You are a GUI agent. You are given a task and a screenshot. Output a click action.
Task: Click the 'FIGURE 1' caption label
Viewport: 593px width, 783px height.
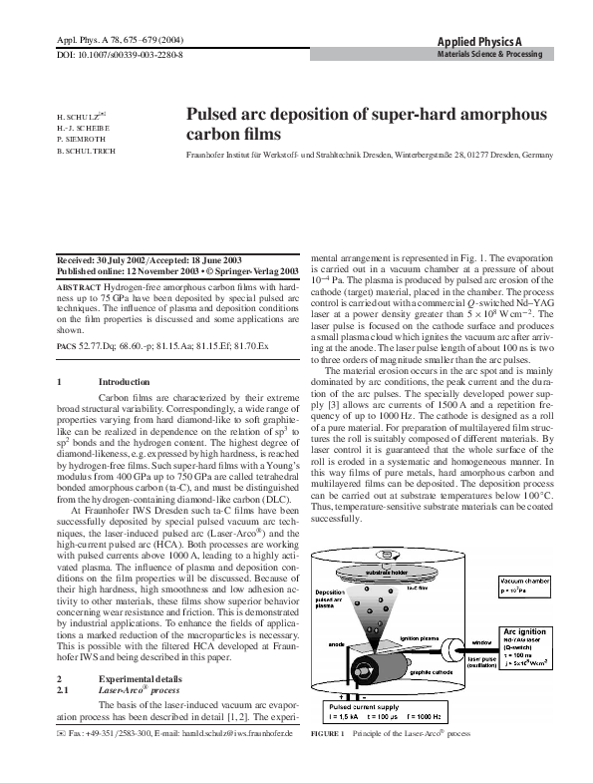[329, 761]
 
